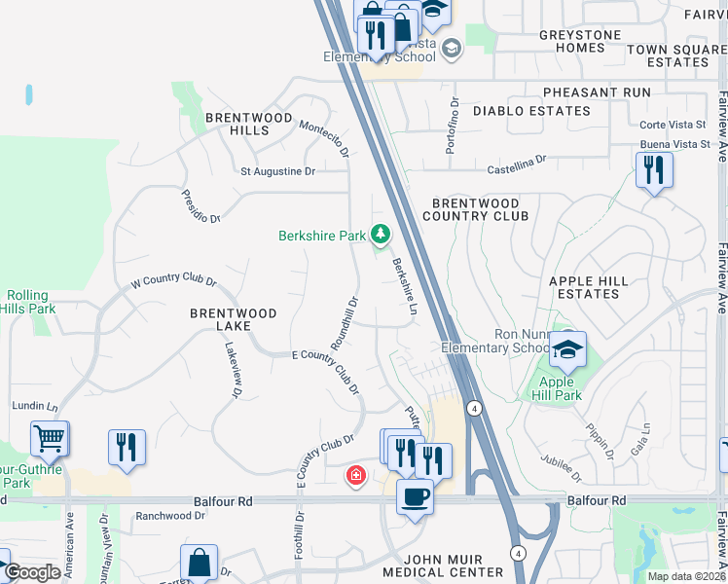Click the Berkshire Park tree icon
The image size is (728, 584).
[380, 235]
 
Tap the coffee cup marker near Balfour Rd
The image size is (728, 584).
[415, 497]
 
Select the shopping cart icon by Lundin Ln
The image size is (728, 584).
[49, 438]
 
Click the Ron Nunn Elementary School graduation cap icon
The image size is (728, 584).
[566, 348]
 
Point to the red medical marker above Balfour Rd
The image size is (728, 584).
[356, 475]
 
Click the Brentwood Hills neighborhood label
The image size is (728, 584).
[249, 124]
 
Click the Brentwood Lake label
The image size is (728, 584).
[233, 320]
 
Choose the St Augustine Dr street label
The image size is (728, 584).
[278, 171]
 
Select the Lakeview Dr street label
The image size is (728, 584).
[233, 370]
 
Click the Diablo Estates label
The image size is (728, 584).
[531, 111]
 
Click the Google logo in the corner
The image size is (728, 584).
[34, 573]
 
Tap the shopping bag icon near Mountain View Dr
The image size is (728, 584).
[199, 563]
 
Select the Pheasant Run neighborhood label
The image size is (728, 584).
[597, 91]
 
